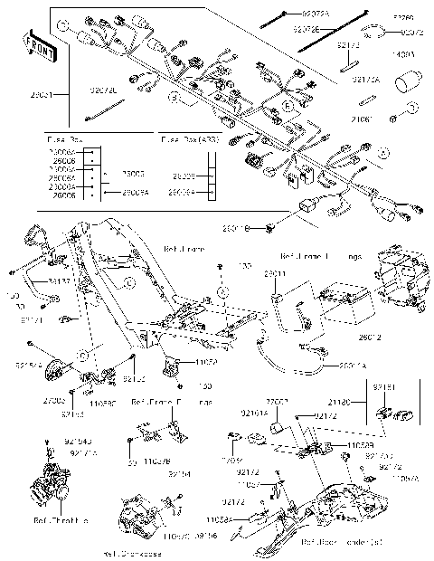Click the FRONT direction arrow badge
[37, 47]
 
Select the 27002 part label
[277, 400]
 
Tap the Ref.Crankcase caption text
[134, 552]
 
